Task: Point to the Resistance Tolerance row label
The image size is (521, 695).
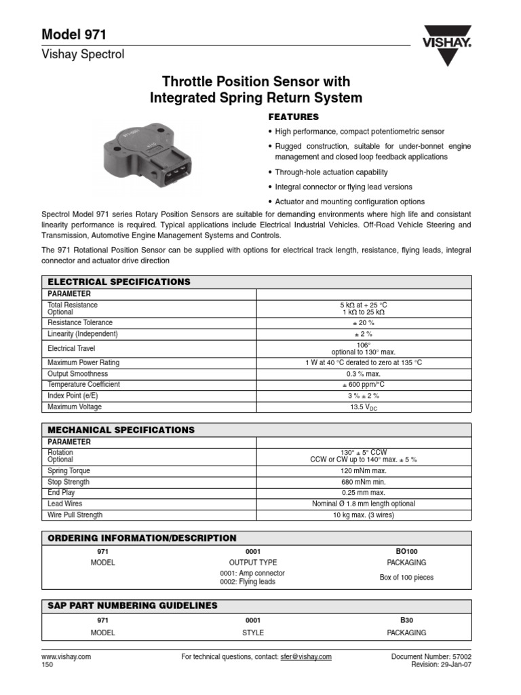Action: coord(80,323)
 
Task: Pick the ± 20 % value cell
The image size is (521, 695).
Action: coord(364,323)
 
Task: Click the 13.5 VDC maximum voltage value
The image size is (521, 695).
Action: coord(364,407)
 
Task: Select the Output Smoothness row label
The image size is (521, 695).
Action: coord(77,374)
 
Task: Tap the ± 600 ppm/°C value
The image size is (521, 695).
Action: coord(364,384)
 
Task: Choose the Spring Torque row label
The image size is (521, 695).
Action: coord(69,471)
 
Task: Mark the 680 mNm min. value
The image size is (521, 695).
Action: coord(364,482)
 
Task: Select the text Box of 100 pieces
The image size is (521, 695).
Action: coord(406,578)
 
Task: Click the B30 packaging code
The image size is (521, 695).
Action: coord(406,620)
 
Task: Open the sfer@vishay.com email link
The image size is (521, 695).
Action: coord(305,657)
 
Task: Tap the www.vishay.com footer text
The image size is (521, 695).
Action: coord(66,657)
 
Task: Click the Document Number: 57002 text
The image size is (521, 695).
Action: coord(431,657)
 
